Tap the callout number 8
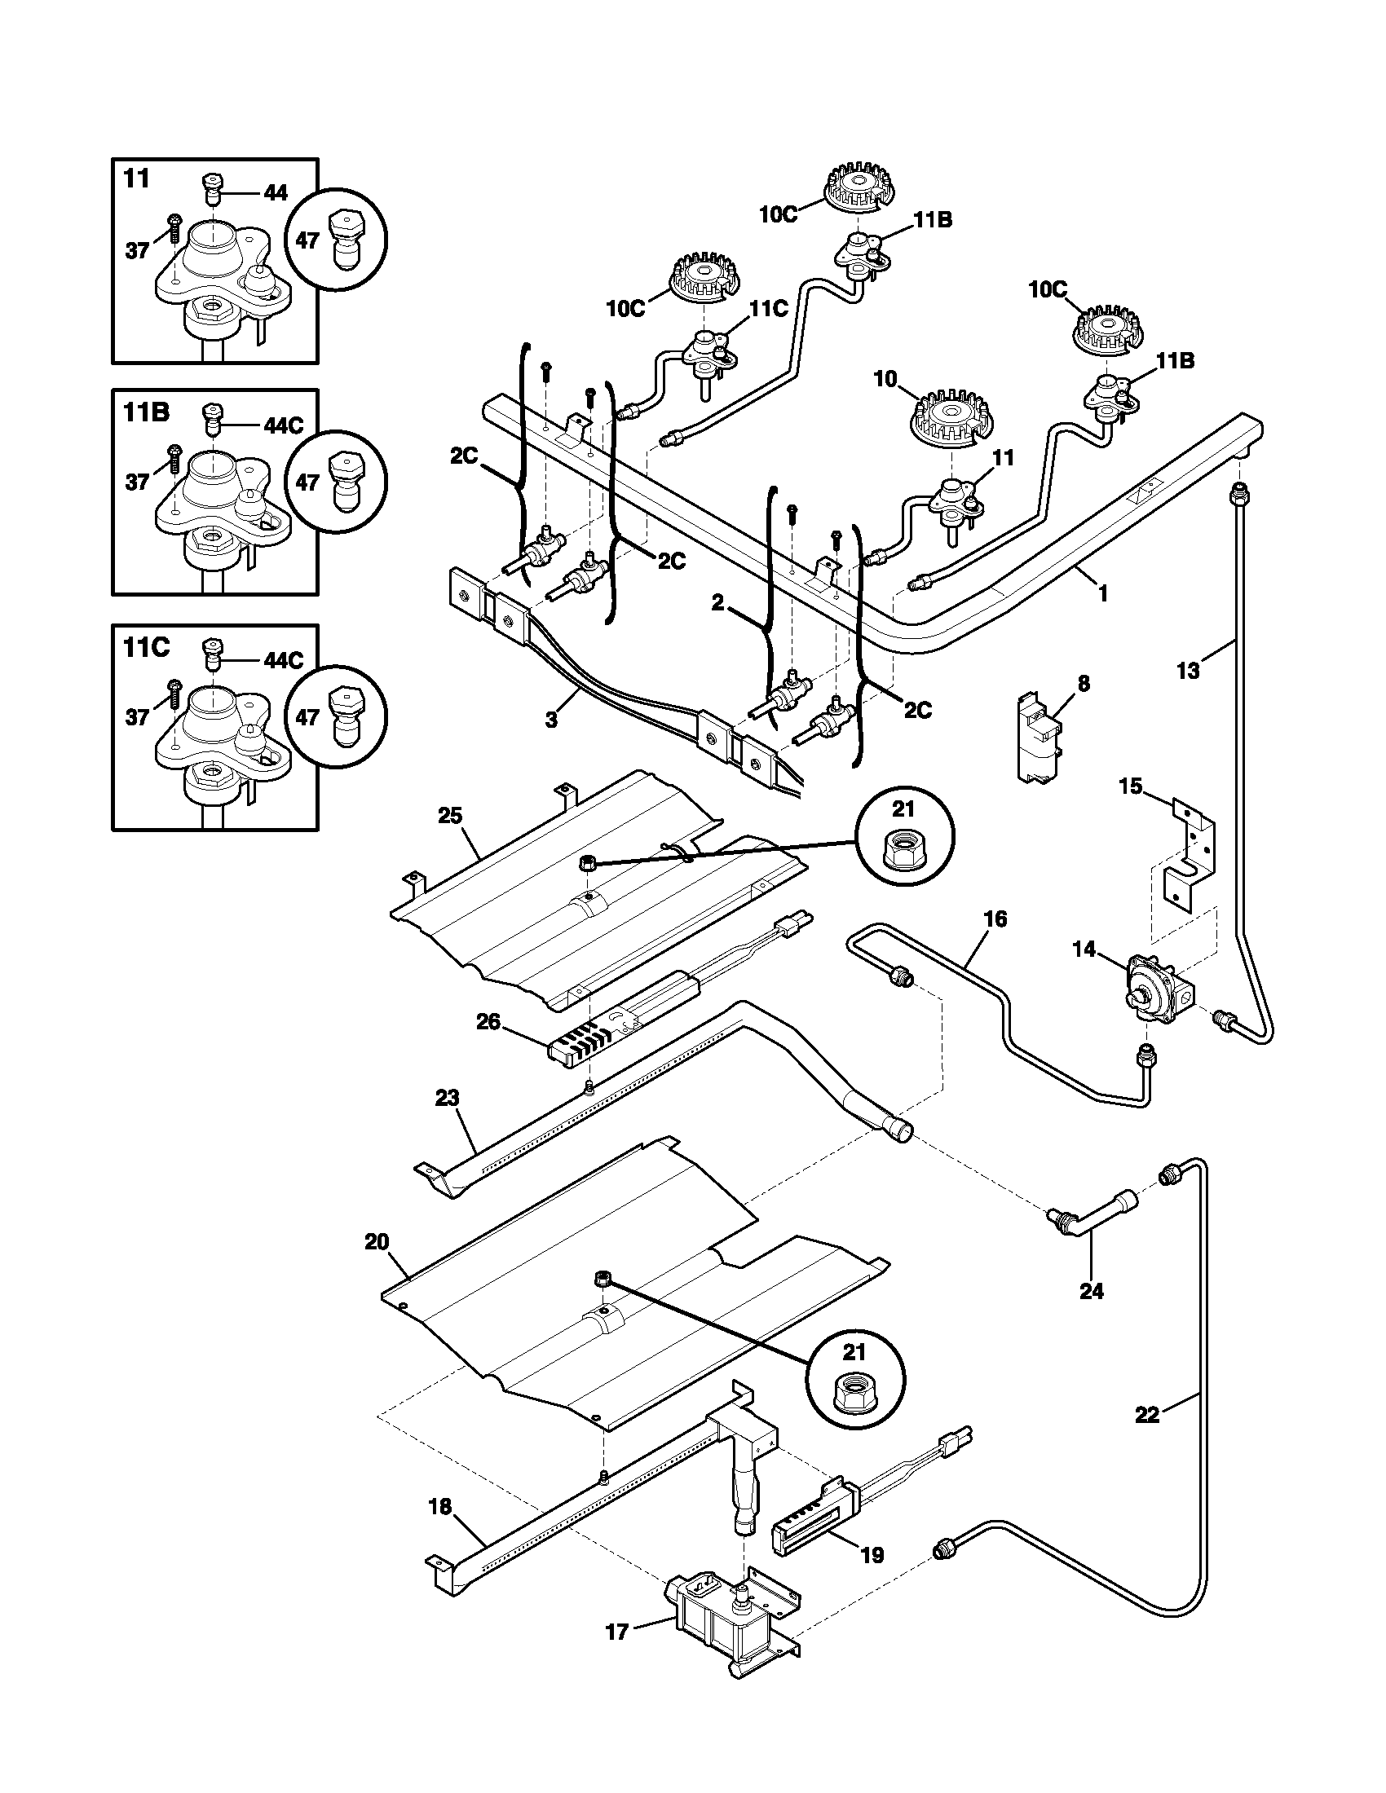pos(1084,684)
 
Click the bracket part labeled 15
pos(1190,854)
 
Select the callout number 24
pos(1091,1292)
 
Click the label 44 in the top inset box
pos(275,193)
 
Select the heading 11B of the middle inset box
pos(147,412)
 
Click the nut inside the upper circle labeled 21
pos(904,855)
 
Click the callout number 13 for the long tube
pos(1188,671)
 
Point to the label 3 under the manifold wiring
pos(551,719)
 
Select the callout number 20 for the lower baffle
pos(377,1241)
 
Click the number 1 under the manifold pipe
pos(1103,593)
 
